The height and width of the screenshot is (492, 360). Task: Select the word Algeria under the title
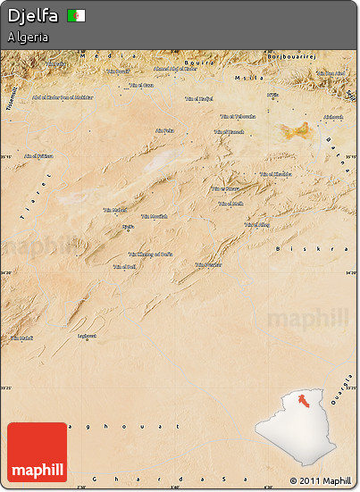pos(27,38)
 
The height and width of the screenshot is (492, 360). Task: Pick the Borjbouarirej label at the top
pos(293,55)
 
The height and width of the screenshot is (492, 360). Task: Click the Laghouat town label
pos(87,336)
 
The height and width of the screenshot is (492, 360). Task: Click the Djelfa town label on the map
pos(128,227)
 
